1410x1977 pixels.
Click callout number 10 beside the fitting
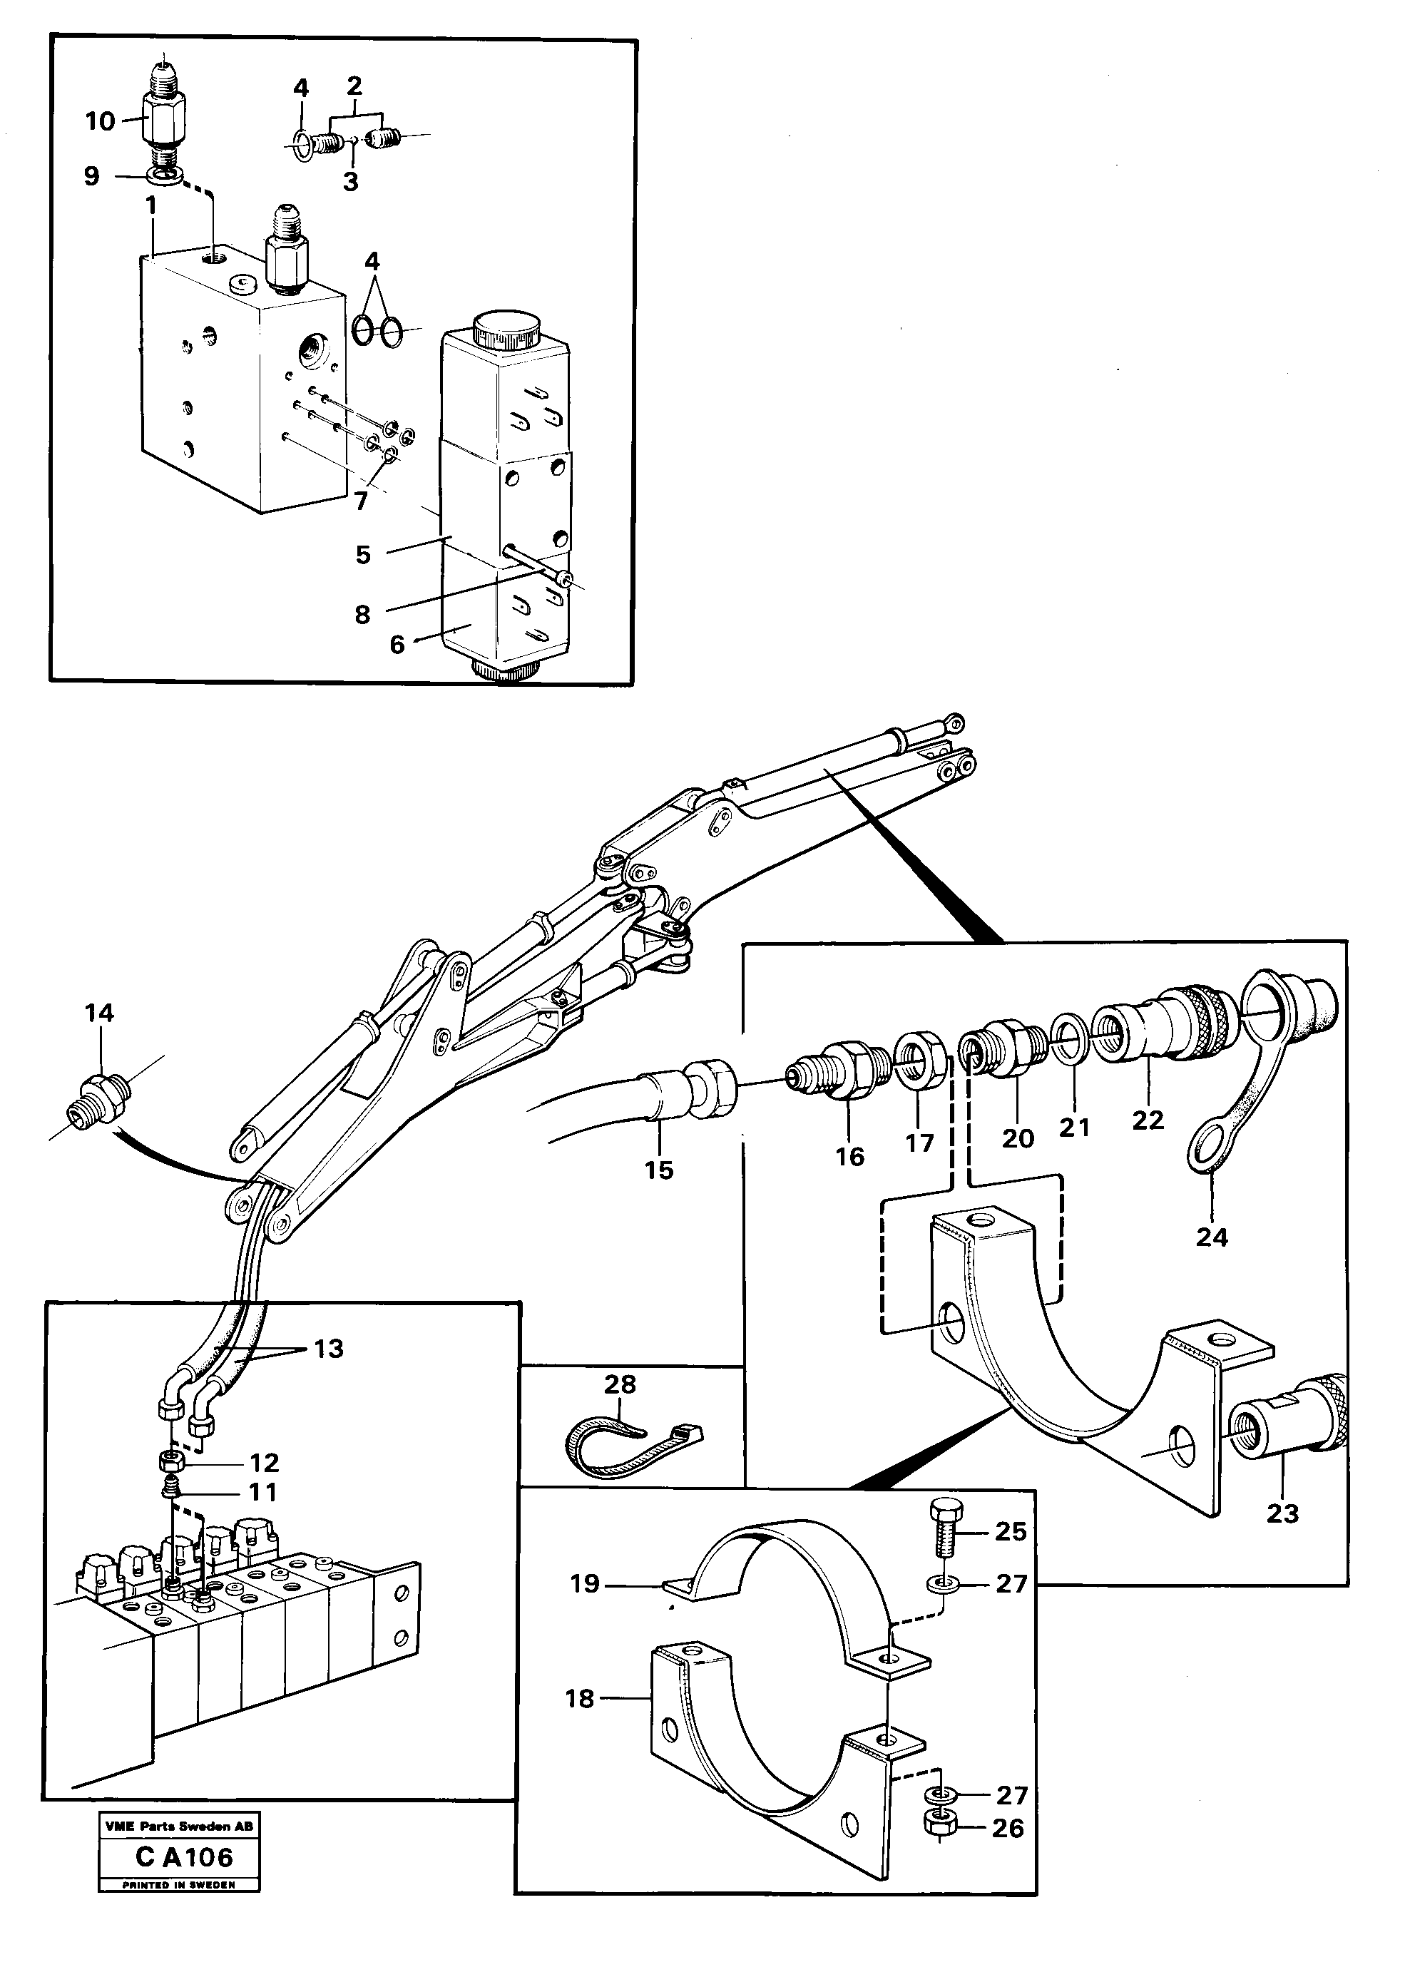pyautogui.click(x=100, y=121)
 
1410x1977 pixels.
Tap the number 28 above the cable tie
pyautogui.click(x=620, y=1384)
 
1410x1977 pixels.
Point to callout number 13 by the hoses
pyautogui.click(x=328, y=1349)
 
